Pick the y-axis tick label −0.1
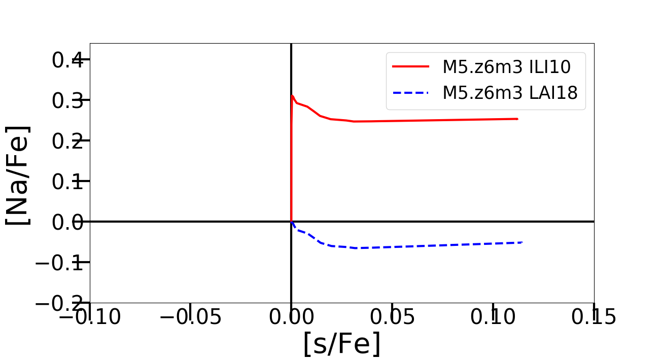pos(60,263)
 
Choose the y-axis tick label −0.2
pos(60,303)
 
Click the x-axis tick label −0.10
pos(90,317)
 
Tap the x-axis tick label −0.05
pos(190,317)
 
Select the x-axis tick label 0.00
pos(291,317)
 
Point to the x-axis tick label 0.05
pos(392,317)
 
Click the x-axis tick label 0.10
pos(492,317)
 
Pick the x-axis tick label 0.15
pos(593,317)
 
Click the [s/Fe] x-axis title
pos(341,344)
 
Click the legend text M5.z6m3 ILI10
pos(507,66)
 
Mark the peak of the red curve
pos(292,95)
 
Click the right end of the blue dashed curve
pos(522,242)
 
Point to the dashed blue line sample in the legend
pos(411,93)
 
